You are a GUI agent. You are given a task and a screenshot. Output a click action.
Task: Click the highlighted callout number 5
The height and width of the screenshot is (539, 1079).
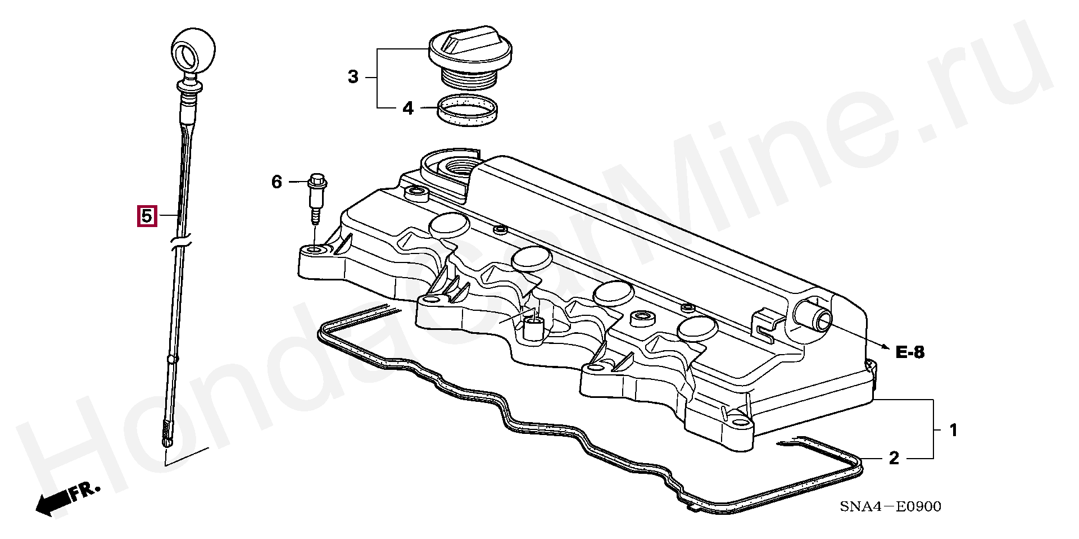[146, 216]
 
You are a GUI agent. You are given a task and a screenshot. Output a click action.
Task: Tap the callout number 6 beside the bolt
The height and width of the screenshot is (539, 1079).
[276, 182]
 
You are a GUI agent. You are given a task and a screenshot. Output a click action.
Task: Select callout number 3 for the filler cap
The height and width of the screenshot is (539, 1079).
[353, 77]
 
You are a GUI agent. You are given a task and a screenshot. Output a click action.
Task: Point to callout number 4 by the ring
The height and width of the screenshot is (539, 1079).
[408, 108]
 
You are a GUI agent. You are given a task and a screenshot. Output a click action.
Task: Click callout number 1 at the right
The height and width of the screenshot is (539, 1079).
[953, 431]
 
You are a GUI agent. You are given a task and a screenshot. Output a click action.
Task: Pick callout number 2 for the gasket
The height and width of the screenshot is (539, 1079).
[894, 459]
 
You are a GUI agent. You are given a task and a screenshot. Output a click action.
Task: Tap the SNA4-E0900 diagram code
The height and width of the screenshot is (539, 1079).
[890, 507]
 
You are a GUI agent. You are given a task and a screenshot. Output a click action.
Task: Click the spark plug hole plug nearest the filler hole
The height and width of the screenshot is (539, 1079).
[449, 225]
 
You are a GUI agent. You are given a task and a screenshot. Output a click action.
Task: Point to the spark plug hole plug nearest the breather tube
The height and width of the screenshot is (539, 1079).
[697, 329]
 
